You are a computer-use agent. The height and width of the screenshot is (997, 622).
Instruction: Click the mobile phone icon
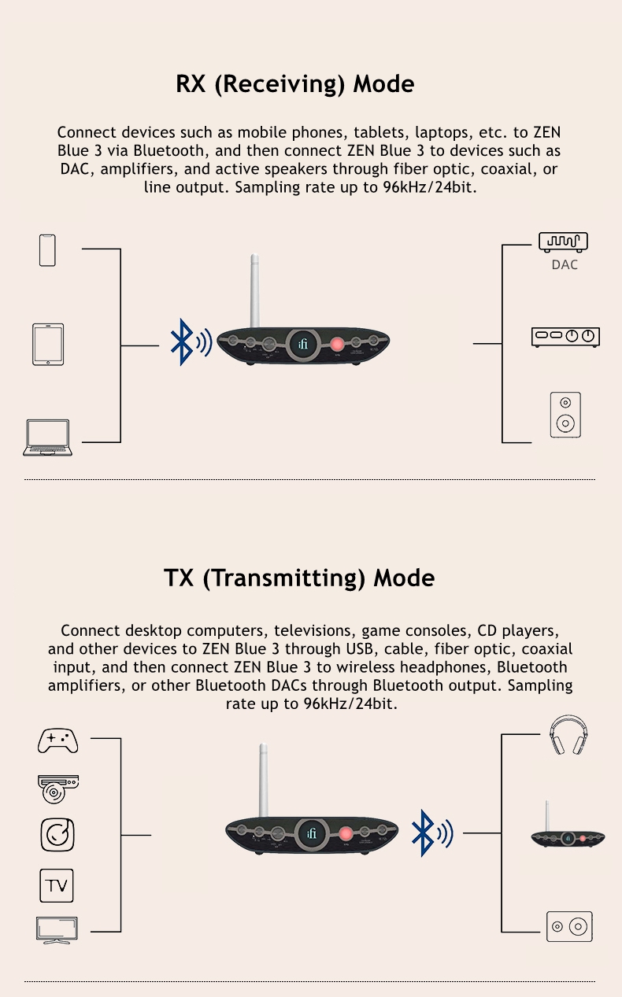click(47, 250)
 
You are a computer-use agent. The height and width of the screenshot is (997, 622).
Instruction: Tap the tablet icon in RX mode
click(48, 345)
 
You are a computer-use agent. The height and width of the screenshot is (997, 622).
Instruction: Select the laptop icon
click(48, 438)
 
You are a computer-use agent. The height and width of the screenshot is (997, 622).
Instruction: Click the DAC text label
click(565, 265)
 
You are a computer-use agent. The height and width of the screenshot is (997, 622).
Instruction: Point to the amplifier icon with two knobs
click(565, 337)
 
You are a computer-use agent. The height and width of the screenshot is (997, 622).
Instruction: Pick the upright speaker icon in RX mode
click(565, 415)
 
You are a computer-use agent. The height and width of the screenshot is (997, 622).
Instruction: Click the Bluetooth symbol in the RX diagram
click(191, 342)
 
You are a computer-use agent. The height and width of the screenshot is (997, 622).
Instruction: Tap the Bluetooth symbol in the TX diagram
click(432, 833)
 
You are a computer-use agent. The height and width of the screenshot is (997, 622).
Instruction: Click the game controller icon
click(58, 741)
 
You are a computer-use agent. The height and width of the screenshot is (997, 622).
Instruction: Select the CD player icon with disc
click(58, 789)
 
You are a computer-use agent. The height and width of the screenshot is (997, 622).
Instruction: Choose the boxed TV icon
click(57, 886)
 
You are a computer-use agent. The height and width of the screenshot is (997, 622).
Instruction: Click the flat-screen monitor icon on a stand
click(57, 930)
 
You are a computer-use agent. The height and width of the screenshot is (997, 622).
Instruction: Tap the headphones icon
click(568, 734)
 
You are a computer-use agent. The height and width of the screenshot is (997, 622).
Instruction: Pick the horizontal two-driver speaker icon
click(569, 927)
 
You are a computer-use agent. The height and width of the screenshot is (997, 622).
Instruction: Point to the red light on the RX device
click(337, 344)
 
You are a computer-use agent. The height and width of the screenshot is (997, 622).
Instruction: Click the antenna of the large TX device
click(264, 780)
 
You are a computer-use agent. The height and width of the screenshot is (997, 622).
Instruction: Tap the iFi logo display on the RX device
click(303, 344)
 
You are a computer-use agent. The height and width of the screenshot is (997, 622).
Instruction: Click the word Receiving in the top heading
click(280, 84)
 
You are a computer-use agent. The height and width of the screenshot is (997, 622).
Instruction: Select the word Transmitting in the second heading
click(283, 578)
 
